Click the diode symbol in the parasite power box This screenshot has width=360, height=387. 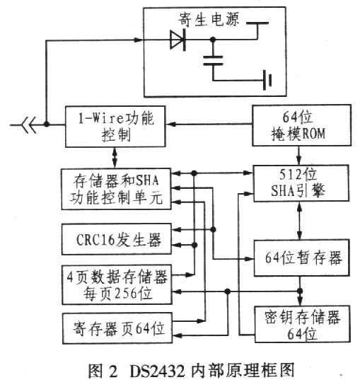[177, 40]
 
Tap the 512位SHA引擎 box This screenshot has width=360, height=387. [303, 184]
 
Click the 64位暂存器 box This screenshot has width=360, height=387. [303, 256]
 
